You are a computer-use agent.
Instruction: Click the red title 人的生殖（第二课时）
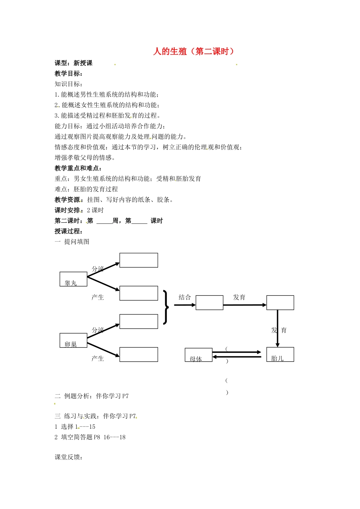193,52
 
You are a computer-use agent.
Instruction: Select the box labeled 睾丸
74,279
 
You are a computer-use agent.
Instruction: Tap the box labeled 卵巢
74,340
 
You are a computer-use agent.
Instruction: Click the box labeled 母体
199,355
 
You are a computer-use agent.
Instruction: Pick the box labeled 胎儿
280,354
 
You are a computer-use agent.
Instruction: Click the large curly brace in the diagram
166,307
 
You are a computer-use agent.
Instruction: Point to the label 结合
185,297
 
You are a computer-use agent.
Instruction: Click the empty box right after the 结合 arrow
209,303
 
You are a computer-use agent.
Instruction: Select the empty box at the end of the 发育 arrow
280,303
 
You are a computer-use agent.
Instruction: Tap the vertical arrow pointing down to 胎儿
277,328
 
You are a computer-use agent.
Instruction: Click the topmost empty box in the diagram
139,260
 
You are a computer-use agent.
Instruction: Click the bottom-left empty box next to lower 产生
139,354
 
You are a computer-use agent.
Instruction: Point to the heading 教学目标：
69,73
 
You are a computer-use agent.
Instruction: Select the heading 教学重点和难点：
78,168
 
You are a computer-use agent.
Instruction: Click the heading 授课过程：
69,231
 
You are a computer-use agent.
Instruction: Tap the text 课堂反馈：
69,457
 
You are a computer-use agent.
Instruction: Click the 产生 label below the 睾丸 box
98,297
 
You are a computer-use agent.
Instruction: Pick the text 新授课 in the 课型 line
83,63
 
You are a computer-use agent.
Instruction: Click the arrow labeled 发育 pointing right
244,305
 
